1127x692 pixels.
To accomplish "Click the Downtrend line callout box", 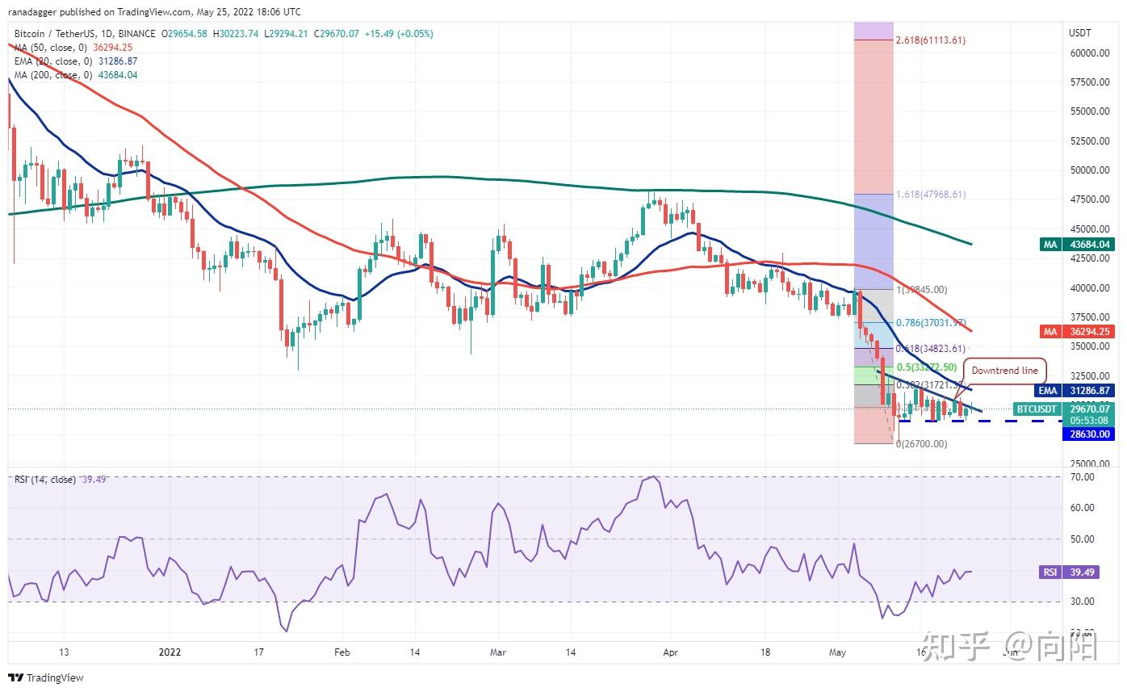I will point(1004,371).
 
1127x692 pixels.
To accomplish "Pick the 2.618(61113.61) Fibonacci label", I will point(930,40).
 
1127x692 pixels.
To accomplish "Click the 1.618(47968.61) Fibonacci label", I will point(930,195).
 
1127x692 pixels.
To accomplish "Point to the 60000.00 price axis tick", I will point(1090,53).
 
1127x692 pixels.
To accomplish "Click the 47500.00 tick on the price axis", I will point(1090,199).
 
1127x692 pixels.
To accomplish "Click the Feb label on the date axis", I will point(341,651).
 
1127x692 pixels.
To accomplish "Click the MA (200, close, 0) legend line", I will point(75,75).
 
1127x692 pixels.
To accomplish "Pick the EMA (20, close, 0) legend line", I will point(75,61).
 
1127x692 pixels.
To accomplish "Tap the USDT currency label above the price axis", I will point(1079,33).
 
